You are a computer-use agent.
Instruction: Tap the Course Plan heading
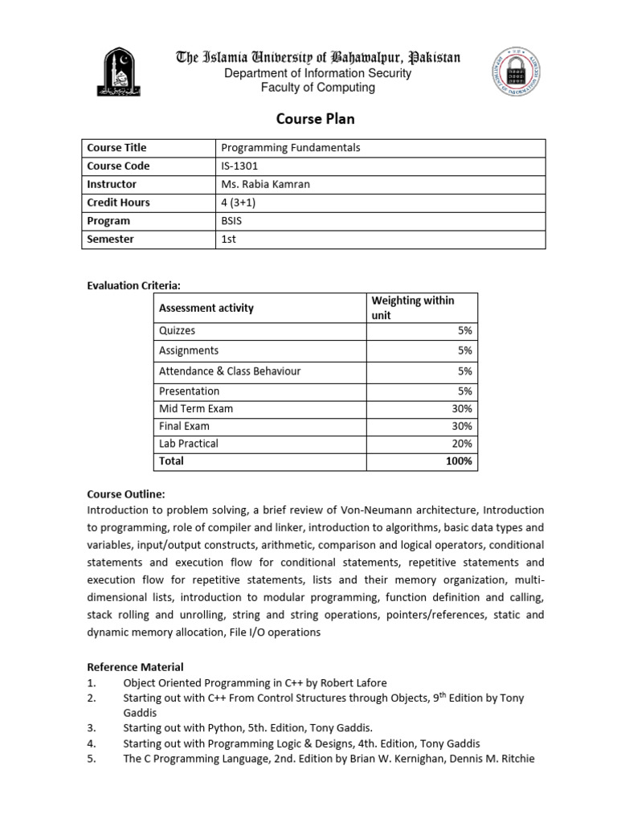point(315,119)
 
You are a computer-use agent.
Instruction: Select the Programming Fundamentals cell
point(290,148)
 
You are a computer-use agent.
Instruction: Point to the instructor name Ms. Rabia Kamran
point(264,185)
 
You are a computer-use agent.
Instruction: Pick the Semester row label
point(110,240)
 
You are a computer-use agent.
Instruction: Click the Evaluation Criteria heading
point(133,285)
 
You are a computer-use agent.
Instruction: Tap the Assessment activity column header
point(206,308)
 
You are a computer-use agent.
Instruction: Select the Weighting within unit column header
point(412,308)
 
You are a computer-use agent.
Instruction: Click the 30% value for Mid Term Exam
point(462,408)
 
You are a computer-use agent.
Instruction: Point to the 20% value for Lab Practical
point(462,444)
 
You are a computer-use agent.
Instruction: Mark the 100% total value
point(459,461)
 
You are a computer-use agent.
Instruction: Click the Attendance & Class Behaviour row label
point(230,371)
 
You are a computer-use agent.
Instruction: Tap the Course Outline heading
point(125,494)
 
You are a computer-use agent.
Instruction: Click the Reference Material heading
point(135,667)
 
